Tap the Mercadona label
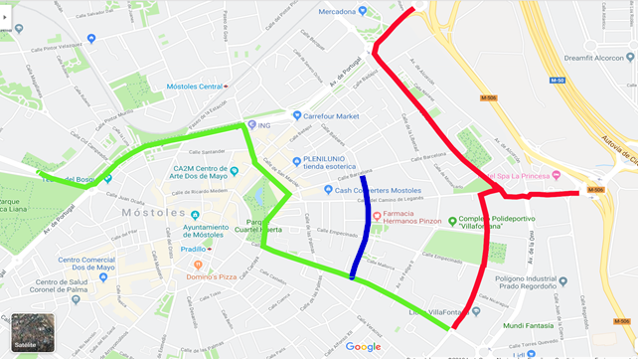pos(337,12)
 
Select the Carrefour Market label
pos(332,116)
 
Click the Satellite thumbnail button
pos(33,332)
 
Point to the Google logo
pos(363,346)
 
